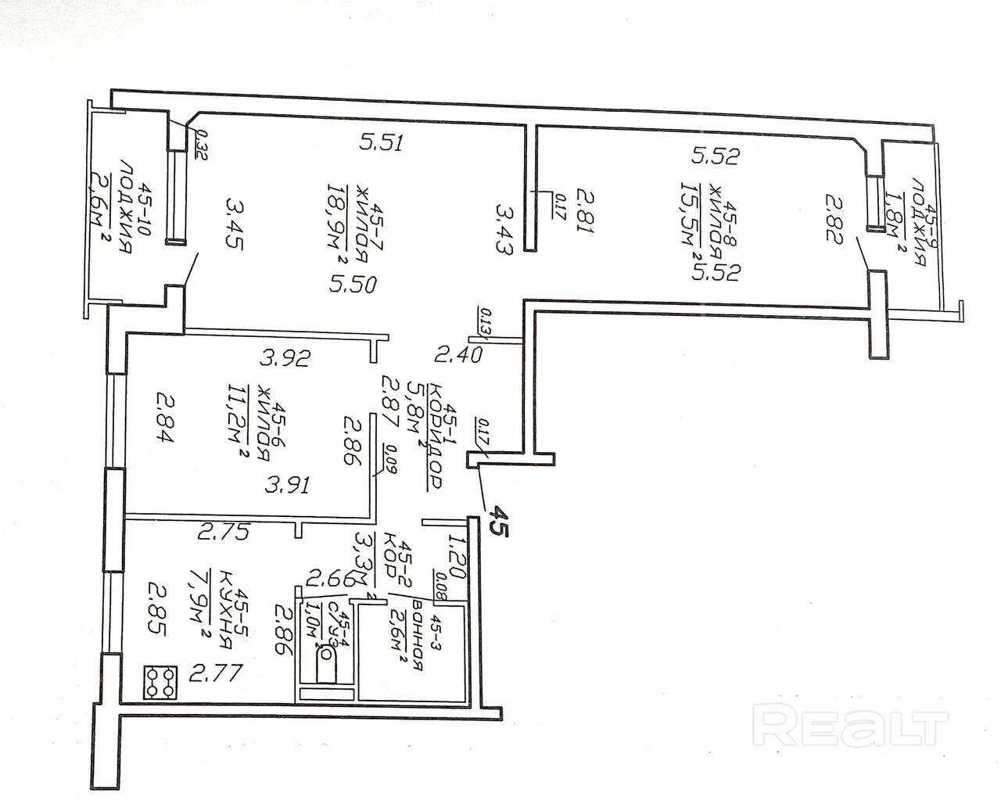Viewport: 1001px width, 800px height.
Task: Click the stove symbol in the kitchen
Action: (159, 681)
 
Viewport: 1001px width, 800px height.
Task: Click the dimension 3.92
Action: (286, 359)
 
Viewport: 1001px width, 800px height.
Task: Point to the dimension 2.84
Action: (165, 418)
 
